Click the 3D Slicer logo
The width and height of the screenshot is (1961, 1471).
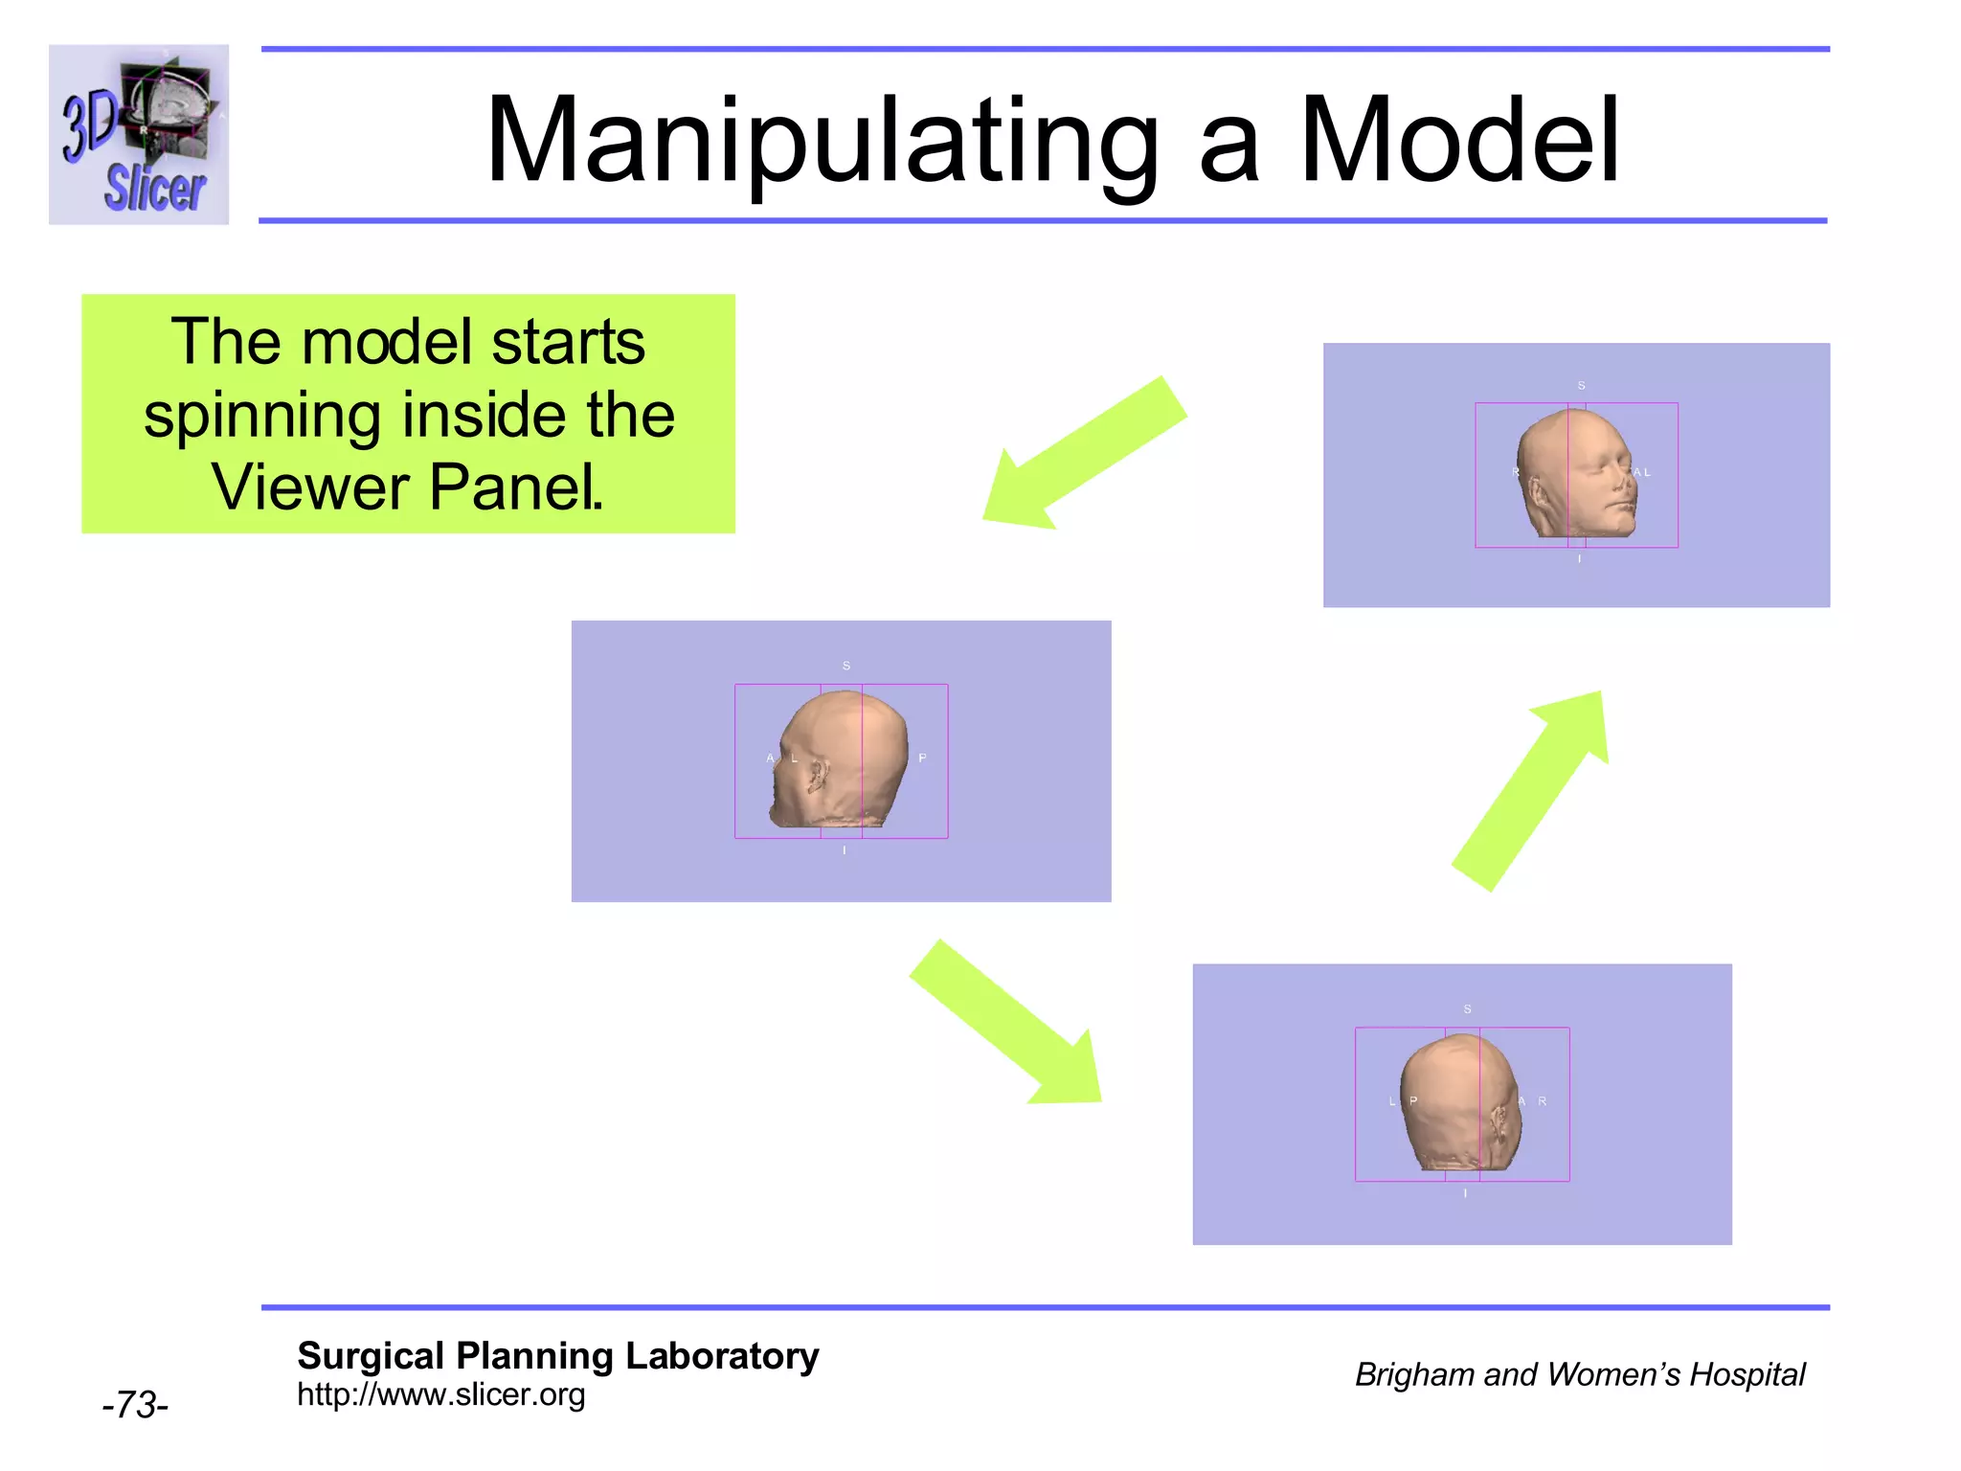(139, 134)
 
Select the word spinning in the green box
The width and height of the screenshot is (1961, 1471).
(261, 416)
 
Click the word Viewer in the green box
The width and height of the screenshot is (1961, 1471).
(310, 487)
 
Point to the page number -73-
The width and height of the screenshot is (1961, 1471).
(135, 1405)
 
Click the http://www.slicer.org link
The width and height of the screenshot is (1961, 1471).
(440, 1394)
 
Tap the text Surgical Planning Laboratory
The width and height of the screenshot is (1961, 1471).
(557, 1356)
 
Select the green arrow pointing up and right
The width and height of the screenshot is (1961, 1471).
(1532, 789)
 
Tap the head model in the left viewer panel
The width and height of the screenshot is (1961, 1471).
(839, 760)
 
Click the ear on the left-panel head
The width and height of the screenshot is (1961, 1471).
(817, 774)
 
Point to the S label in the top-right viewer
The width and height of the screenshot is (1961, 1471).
(1581, 386)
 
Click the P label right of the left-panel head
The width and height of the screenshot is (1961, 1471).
(922, 758)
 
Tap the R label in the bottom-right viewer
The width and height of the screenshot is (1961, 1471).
(1542, 1101)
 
